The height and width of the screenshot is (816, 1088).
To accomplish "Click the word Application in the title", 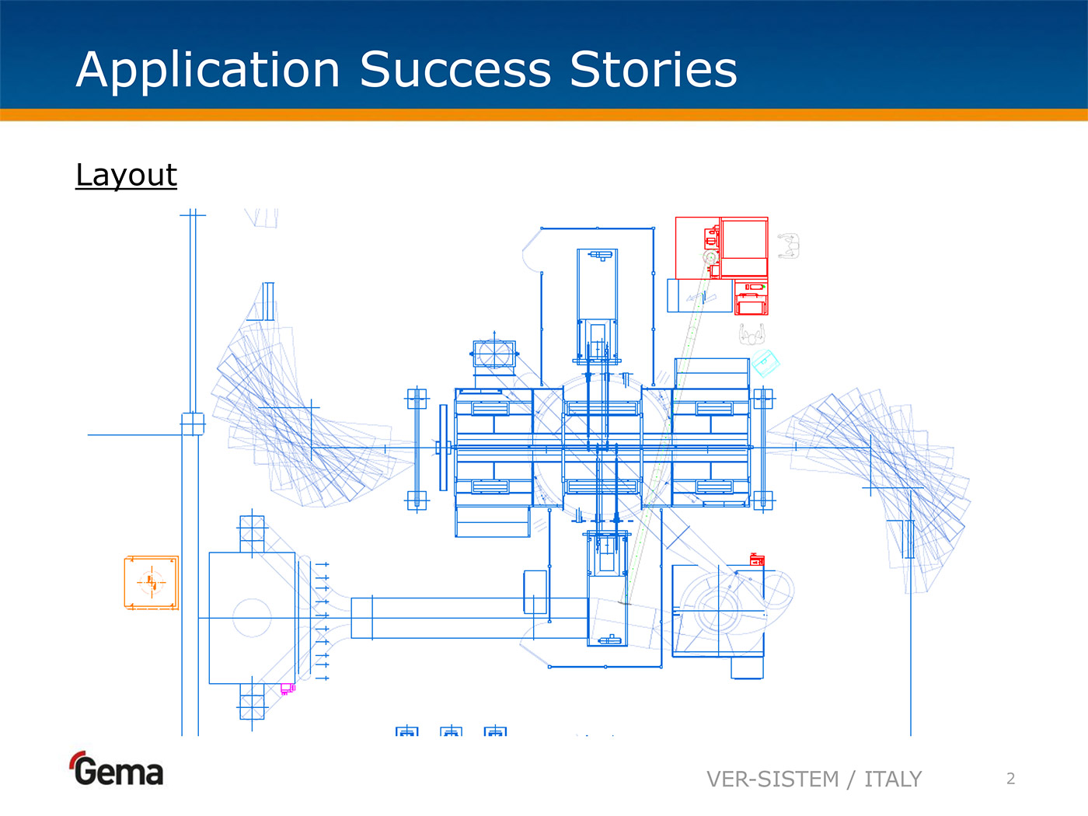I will pyautogui.click(x=208, y=70).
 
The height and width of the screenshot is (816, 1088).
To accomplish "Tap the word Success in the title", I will pyautogui.click(x=455, y=70).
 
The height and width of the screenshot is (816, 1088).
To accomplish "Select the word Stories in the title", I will pyautogui.click(x=653, y=70).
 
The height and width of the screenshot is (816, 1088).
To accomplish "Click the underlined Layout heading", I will pyautogui.click(x=126, y=175).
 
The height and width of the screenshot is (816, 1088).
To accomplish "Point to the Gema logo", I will pyautogui.click(x=117, y=770).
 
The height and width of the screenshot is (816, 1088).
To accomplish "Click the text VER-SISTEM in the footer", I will pyautogui.click(x=772, y=779).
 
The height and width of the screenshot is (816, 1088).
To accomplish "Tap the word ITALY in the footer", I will pyautogui.click(x=893, y=779).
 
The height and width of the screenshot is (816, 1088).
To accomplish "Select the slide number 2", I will pyautogui.click(x=1010, y=779).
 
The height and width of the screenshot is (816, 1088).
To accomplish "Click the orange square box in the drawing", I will pyautogui.click(x=151, y=582).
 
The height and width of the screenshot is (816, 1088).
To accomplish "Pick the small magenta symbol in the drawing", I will pyautogui.click(x=287, y=689).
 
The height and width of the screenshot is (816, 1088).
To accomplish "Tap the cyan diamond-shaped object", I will pyautogui.click(x=765, y=362).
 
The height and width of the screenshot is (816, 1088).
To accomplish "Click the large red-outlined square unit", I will pyautogui.click(x=721, y=248).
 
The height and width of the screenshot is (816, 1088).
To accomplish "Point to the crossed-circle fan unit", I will pyautogui.click(x=493, y=354).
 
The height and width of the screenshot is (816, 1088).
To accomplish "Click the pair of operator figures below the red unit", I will pyautogui.click(x=751, y=334).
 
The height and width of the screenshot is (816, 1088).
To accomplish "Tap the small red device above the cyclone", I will pyautogui.click(x=757, y=560).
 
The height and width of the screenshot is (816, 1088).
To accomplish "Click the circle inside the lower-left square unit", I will pyautogui.click(x=252, y=618).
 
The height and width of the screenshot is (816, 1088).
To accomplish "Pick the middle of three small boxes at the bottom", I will pyautogui.click(x=451, y=732).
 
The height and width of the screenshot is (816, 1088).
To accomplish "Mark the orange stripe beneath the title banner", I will pyautogui.click(x=544, y=115).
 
